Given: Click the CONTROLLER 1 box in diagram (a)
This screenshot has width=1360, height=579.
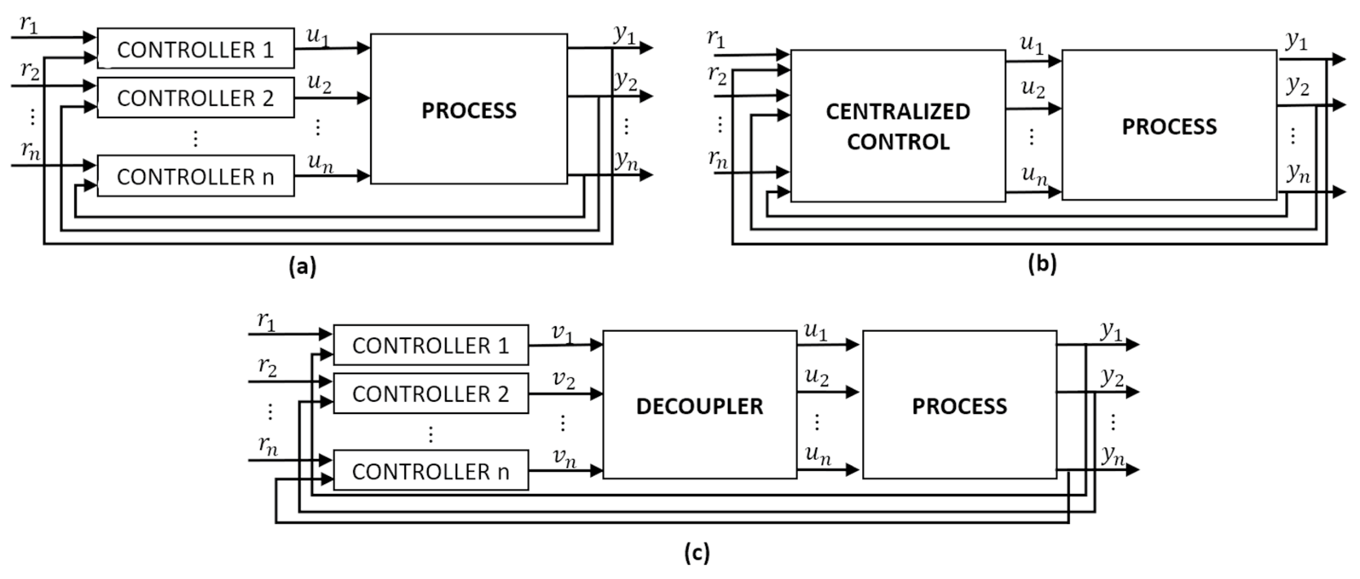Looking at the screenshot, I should [x=195, y=48].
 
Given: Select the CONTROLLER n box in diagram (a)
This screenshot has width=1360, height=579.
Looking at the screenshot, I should [x=195, y=176].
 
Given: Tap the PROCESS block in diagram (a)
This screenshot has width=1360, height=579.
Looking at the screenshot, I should [x=469, y=109].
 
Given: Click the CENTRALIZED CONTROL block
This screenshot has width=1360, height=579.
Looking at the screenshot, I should [x=898, y=126].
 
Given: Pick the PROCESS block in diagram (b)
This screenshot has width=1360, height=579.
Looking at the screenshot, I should [x=1169, y=126].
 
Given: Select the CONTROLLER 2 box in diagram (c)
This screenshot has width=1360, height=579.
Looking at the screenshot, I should [x=430, y=394].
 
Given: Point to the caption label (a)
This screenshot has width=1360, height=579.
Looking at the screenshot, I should [x=302, y=265].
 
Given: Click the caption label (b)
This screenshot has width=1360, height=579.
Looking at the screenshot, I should [x=1042, y=263].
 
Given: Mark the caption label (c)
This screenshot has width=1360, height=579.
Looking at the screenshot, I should [x=697, y=553].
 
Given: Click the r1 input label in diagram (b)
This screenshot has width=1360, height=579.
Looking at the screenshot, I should [x=716, y=39].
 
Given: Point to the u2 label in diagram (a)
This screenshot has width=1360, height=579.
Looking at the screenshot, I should [x=319, y=83].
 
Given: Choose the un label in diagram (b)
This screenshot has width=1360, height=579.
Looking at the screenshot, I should [x=1034, y=175].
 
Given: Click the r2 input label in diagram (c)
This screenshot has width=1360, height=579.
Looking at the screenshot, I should [x=268, y=367].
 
